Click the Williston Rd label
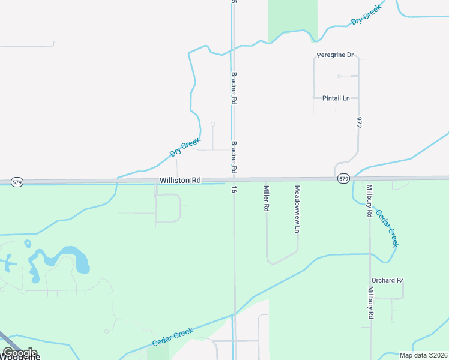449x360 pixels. (180, 180)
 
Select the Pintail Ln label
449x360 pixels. (336, 98)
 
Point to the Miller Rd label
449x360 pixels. (266, 198)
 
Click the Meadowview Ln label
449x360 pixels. (297, 209)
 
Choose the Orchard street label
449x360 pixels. (387, 280)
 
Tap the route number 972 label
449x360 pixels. (359, 123)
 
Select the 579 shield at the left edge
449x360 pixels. (17, 182)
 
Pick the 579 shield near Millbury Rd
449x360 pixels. (343, 179)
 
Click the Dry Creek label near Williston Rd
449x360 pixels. (184, 147)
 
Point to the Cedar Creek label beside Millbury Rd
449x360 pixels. (387, 228)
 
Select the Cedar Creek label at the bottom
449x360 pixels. (172, 337)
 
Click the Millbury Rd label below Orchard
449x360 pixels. (371, 307)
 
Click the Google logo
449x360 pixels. (20, 353)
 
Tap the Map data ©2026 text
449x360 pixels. (423, 355)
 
